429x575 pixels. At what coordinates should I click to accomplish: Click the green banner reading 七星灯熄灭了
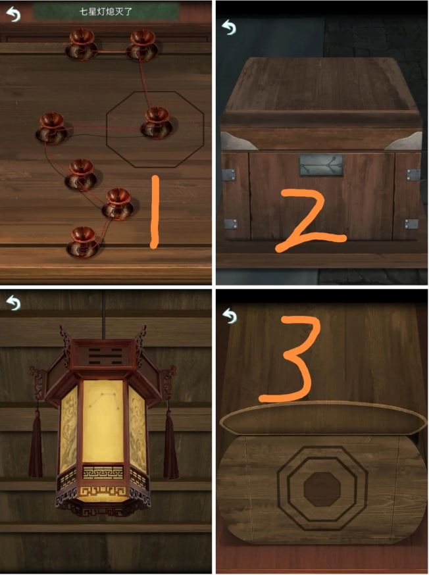click(x=106, y=12)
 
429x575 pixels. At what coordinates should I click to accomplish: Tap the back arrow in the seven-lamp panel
click(x=14, y=14)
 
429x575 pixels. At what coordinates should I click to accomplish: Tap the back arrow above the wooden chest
click(x=229, y=27)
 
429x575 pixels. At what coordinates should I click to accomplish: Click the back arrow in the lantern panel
click(x=14, y=303)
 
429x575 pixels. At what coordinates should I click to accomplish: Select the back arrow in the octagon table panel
click(x=230, y=316)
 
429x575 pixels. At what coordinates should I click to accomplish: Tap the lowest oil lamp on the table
click(x=83, y=242)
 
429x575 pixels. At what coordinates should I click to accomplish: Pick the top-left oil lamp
click(x=82, y=45)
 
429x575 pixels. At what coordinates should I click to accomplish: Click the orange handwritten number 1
click(x=155, y=212)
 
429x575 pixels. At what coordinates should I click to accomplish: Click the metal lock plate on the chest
click(x=322, y=165)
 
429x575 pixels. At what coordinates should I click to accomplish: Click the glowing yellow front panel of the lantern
click(x=103, y=421)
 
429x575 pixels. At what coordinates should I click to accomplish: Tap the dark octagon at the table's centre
click(x=322, y=489)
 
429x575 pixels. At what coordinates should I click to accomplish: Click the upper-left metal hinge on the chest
click(x=229, y=174)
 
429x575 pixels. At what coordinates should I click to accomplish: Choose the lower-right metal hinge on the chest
click(x=411, y=224)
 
